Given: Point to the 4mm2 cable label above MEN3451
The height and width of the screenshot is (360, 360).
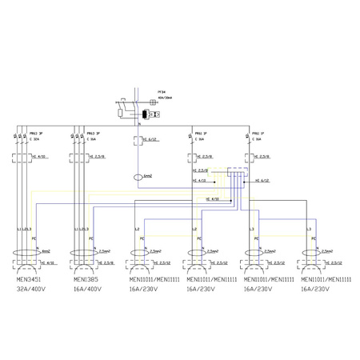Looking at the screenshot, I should (45, 250).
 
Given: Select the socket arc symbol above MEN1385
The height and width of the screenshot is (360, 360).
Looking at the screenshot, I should (83, 260).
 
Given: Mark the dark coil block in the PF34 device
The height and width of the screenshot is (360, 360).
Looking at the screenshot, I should (142, 114).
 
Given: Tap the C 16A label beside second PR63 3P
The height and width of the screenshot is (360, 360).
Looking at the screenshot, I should (93, 138).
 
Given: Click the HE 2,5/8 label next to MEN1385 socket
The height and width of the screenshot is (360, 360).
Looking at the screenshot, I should (106, 262).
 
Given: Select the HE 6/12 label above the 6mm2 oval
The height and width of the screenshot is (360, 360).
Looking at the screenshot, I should (151, 139).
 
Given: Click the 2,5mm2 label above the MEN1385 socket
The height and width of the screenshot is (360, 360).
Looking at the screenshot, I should (103, 250).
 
